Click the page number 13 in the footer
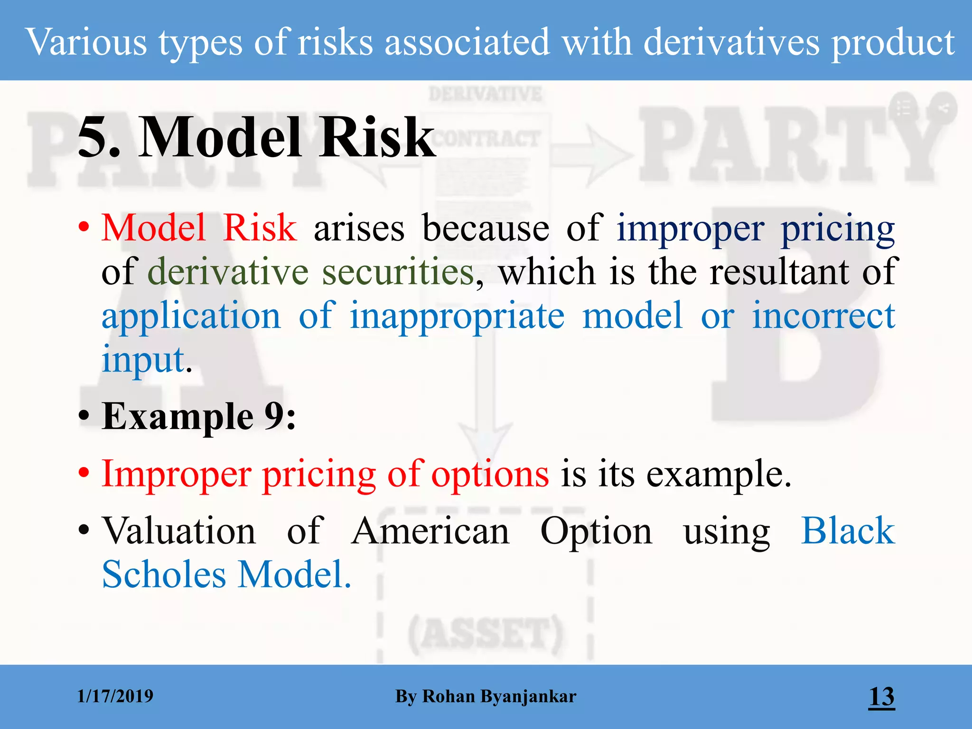pos(881,696)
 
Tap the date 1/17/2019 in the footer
pos(115,696)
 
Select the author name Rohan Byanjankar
pos(499,696)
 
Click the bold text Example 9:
pos(199,416)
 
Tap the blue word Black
pos(848,531)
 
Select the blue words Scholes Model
pos(226,574)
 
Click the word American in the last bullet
pos(430,531)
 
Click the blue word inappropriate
pos(457,316)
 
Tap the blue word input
pos(143,359)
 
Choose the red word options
pos(490,474)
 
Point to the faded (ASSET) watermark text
pos(485,634)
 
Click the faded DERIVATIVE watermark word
pos(485,94)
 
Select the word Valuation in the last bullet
pos(179,531)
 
